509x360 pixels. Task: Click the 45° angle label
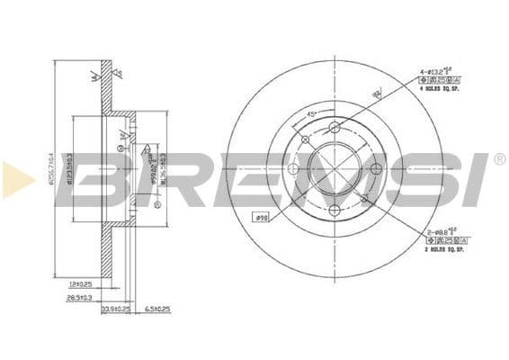310,114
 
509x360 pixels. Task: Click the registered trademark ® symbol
499,159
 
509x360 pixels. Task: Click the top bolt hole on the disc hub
335,127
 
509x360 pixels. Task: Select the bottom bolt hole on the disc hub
335,211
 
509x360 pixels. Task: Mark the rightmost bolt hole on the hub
377,169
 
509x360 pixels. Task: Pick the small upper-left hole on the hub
306,139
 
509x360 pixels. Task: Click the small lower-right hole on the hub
364,198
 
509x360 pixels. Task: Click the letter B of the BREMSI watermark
103,180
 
